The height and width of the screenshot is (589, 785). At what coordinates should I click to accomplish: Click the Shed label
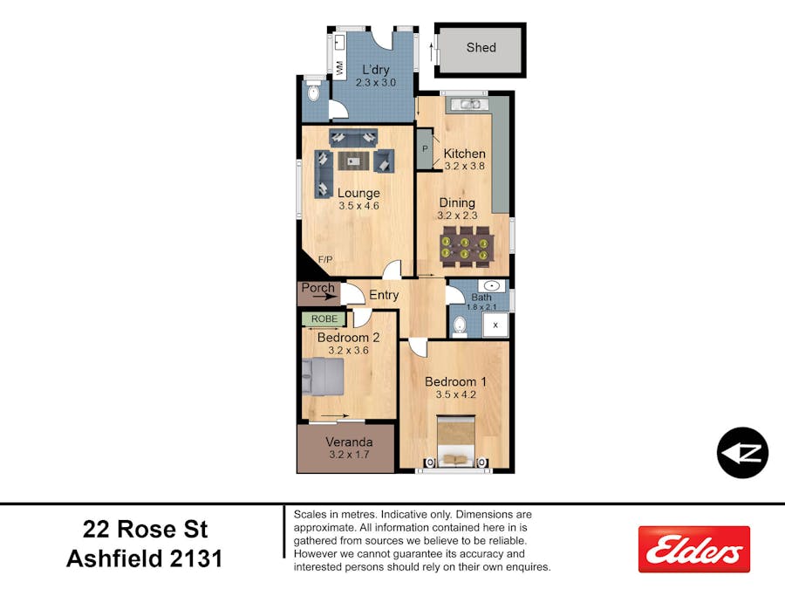[481, 48]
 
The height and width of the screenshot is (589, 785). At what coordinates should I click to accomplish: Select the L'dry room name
[375, 70]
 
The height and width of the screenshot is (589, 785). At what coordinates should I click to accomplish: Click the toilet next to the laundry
[313, 92]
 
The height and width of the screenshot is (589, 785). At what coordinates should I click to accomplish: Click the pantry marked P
[425, 148]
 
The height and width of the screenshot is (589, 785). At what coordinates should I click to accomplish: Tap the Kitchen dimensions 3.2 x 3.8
[465, 167]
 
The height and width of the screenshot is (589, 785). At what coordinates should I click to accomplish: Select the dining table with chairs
[467, 247]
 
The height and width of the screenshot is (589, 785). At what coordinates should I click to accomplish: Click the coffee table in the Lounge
[353, 161]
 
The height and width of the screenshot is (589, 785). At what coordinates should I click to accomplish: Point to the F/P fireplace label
[325, 259]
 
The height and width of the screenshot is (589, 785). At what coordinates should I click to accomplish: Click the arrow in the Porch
[324, 297]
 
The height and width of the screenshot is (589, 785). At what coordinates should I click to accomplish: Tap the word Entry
[384, 295]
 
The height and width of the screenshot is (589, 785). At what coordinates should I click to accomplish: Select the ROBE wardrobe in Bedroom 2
[324, 319]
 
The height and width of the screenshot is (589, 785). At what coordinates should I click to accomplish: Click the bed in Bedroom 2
[323, 377]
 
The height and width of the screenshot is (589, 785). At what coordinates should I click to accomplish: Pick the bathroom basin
[493, 286]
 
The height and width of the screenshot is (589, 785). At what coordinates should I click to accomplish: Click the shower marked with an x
[495, 325]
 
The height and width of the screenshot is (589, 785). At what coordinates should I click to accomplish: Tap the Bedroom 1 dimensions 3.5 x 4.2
[455, 394]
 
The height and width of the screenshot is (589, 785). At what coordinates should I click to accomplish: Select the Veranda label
[349, 442]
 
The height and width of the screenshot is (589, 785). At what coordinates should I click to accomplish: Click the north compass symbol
[742, 453]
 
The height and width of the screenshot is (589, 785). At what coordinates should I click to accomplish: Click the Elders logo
[694, 549]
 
